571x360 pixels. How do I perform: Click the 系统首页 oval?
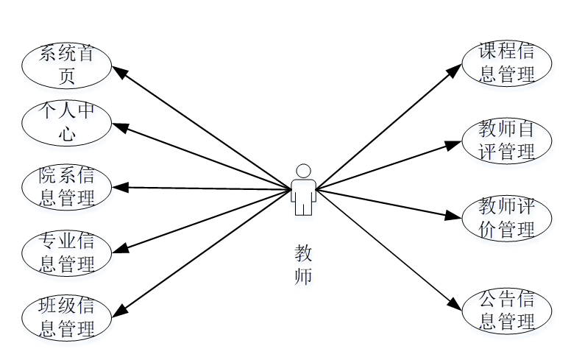click(66, 65)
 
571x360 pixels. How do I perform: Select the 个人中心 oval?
click(66, 122)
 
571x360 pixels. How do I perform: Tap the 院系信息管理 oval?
click(66, 187)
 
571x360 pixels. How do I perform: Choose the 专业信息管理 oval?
click(66, 253)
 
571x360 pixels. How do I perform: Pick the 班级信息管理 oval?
click(66, 317)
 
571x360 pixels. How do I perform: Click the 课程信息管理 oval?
click(506, 63)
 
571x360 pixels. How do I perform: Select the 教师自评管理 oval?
click(506, 141)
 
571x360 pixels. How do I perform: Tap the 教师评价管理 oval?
click(506, 217)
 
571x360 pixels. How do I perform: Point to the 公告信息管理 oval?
click(506, 311)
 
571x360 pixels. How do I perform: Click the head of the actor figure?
click(302, 171)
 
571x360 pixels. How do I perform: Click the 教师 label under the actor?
click(303, 265)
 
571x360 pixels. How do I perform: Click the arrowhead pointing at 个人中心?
click(120, 127)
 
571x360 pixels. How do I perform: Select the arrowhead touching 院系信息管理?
click(120, 187)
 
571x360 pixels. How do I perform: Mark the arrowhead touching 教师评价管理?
click(453, 216)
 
